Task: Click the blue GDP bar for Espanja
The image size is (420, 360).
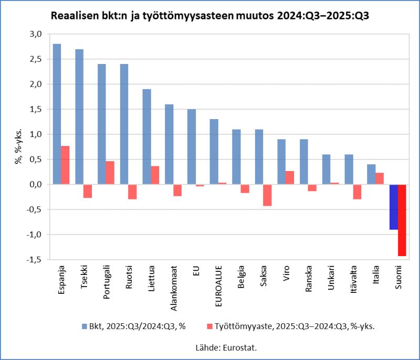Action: (x=57, y=114)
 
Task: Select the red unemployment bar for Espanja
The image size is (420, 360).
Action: (x=65, y=165)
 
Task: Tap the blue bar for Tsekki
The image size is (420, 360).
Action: (x=79, y=117)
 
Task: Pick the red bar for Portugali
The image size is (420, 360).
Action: (x=110, y=173)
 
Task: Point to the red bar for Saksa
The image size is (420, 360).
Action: (x=267, y=195)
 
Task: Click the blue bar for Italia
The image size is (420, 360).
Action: (x=371, y=174)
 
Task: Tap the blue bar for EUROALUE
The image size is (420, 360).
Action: (x=214, y=152)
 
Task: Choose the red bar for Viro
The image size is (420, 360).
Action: (x=290, y=177)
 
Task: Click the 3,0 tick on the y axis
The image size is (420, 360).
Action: (x=35, y=34)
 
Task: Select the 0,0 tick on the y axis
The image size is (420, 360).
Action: (x=35, y=185)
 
